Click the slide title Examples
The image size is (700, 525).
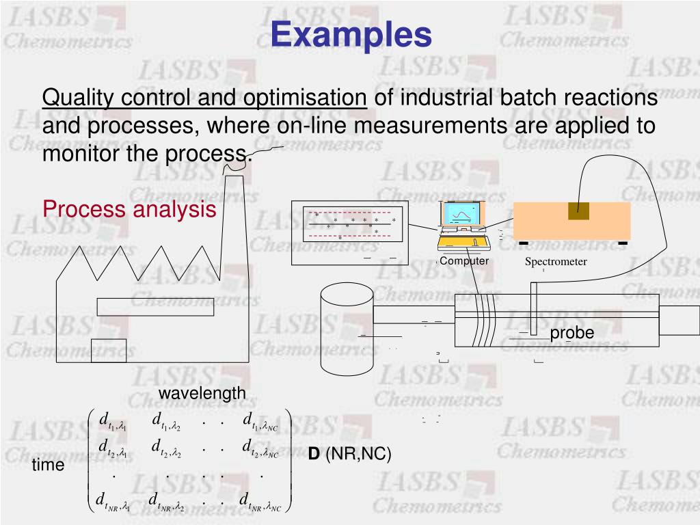[x=351, y=34]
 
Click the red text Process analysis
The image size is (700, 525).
[x=129, y=209]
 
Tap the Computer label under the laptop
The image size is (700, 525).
[x=464, y=261]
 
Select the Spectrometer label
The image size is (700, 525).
[x=556, y=262]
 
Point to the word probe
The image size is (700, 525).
[x=572, y=333]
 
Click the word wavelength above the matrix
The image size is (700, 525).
[x=202, y=393]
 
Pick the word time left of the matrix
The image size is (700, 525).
[x=48, y=466]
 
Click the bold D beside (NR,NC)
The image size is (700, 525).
[x=314, y=455]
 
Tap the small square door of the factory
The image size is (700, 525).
[x=109, y=349]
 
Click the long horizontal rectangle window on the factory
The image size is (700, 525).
[x=155, y=307]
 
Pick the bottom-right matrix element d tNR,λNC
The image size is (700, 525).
[x=258, y=501]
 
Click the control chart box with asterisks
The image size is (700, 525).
[x=349, y=232]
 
